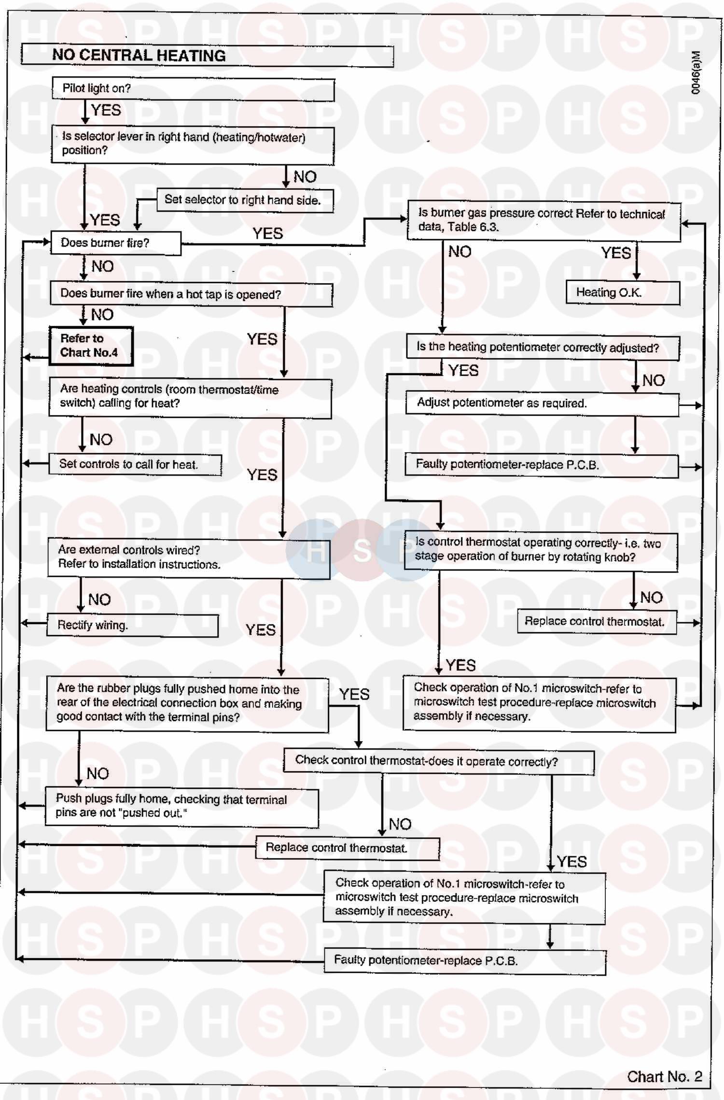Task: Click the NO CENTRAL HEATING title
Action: pyautogui.click(x=139, y=56)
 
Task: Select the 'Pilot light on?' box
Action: pyautogui.click(x=193, y=89)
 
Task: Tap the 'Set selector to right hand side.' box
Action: pyautogui.click(x=245, y=200)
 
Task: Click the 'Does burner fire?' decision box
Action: pyautogui.click(x=115, y=243)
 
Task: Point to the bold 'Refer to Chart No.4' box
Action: pyautogui.click(x=91, y=346)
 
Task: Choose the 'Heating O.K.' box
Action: pyautogui.click(x=623, y=293)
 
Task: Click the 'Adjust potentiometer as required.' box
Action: pyautogui.click(x=542, y=404)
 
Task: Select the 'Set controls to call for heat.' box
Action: pyautogui.click(x=135, y=465)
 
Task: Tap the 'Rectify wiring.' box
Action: pyautogui.click(x=132, y=626)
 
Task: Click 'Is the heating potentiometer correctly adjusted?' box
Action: pyautogui.click(x=543, y=348)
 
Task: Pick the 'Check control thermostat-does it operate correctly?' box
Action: pyautogui.click(x=438, y=762)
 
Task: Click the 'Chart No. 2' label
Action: pyautogui.click(x=664, y=1076)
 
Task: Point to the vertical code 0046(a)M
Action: pyautogui.click(x=696, y=72)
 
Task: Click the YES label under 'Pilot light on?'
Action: pyautogui.click(x=106, y=110)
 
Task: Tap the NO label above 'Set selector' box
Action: pyautogui.click(x=305, y=177)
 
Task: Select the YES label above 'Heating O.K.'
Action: pyautogui.click(x=616, y=253)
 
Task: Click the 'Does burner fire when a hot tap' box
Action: pyautogui.click(x=191, y=295)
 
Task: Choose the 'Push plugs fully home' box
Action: pyautogui.click(x=181, y=807)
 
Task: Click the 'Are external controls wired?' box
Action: pyautogui.click(x=188, y=558)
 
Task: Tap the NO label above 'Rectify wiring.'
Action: pyautogui.click(x=99, y=600)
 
